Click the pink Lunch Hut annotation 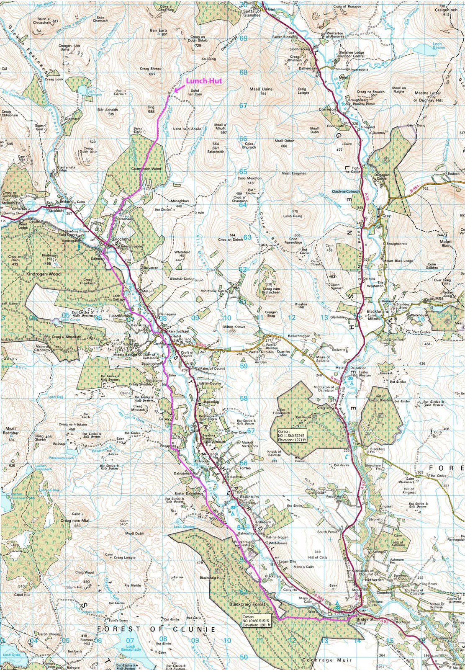[204, 81]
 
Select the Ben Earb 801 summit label [159, 32]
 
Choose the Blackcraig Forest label [247, 604]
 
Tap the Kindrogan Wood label [44, 274]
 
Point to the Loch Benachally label [130, 647]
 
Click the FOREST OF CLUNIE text [156, 629]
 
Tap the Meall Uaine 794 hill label [261, 91]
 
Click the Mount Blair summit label [446, 244]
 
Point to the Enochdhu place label [121, 239]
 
